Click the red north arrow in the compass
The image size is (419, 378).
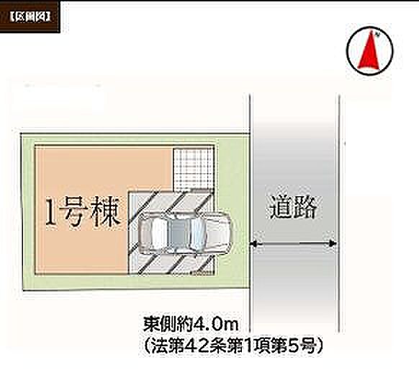[369, 51]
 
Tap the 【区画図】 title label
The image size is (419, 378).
[30, 17]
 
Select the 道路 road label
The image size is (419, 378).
[294, 207]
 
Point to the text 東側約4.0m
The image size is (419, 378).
[191, 324]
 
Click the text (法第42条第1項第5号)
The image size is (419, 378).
[233, 346]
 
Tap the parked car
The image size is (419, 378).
[185, 232]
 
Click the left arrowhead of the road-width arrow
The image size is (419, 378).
[254, 244]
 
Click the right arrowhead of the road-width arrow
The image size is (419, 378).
[332, 243]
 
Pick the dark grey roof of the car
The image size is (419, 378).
[179, 232]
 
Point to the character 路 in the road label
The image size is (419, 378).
[306, 207]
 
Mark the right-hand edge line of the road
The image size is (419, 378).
[340, 213]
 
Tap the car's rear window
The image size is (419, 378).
[158, 232]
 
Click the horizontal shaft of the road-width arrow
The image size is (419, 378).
[293, 244]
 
